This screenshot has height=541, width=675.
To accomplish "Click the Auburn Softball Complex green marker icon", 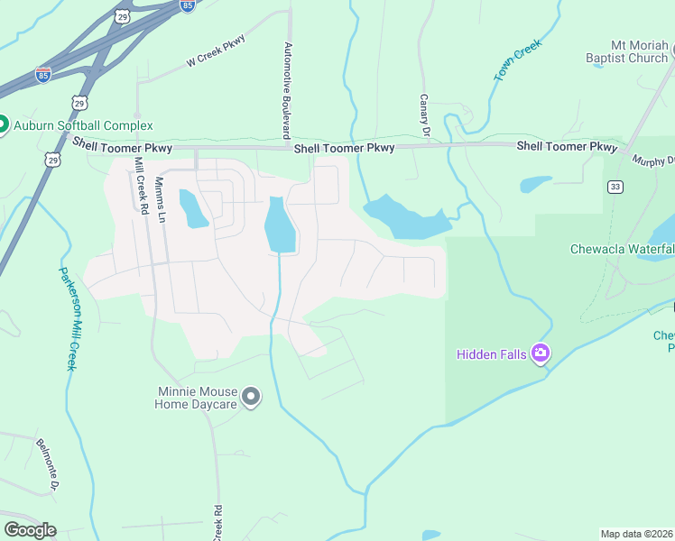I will click(x=2, y=125).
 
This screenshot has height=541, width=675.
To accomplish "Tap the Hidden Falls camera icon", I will click(x=540, y=353).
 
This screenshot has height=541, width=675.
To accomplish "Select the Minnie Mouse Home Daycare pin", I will click(x=252, y=397).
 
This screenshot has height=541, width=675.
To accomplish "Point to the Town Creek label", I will click(x=516, y=60).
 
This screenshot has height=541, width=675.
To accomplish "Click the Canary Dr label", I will click(x=423, y=115).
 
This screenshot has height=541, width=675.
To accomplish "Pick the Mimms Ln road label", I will click(x=160, y=200).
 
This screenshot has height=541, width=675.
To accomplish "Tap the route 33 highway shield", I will click(x=615, y=187).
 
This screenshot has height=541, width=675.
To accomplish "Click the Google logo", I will click(x=29, y=530).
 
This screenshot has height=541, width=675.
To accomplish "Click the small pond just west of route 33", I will click(x=535, y=184).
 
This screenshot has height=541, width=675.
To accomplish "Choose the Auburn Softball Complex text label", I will click(x=82, y=125).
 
